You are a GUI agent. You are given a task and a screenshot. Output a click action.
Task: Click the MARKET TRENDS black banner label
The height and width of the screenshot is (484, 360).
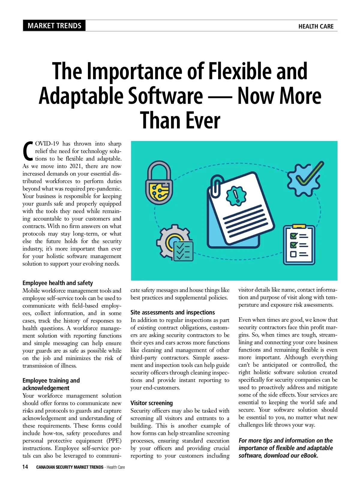54,26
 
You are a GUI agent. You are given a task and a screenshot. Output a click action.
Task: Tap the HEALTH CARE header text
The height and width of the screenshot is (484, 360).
316,26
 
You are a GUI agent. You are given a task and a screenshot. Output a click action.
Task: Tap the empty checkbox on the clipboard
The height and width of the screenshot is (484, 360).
293,254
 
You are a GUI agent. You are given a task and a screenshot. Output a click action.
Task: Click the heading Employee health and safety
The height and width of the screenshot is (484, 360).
58,283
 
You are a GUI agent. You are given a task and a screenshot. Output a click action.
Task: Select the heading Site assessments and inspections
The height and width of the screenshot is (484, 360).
172,312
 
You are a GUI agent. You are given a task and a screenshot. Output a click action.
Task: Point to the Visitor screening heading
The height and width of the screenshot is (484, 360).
151,403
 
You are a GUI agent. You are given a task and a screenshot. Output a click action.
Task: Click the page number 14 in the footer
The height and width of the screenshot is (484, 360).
25,467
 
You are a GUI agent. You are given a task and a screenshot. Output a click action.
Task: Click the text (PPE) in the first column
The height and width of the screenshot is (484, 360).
114,441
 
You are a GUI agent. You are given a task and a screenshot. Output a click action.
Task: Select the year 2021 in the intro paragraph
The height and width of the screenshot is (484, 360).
76,166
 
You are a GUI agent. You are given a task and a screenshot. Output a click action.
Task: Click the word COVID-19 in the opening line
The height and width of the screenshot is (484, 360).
47,144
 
